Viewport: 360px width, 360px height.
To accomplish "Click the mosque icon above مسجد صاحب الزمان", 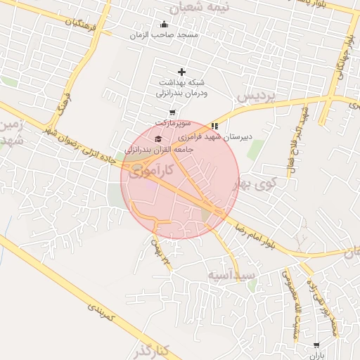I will point(165,24).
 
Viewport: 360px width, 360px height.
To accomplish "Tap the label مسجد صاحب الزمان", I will point(165,34).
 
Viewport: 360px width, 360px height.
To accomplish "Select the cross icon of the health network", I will point(182,72).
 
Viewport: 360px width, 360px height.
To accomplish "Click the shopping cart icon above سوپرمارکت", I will point(172,112).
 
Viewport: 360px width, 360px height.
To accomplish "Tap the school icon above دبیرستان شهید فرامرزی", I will point(214,127).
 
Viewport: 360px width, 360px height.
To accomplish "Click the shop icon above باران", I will point(316,345).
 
